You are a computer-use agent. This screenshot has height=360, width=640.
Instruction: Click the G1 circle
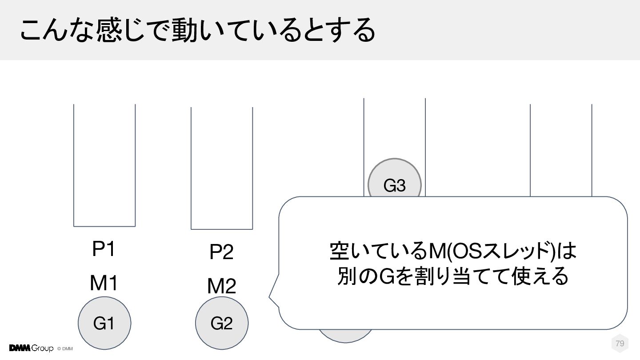(x=104, y=324)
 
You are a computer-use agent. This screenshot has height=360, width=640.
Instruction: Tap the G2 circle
(x=222, y=324)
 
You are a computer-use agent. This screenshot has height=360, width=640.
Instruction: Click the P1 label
(x=104, y=250)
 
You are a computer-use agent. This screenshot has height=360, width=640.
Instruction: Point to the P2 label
(x=222, y=253)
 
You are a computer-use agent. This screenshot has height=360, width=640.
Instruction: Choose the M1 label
(x=104, y=283)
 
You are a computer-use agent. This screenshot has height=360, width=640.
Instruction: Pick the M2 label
(x=222, y=287)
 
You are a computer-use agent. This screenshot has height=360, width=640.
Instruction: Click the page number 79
(x=620, y=344)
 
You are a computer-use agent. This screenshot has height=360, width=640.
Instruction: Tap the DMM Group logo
(x=31, y=348)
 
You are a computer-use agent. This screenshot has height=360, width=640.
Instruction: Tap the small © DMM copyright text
(x=65, y=348)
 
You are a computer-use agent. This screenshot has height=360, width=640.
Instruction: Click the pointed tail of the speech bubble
(x=270, y=296)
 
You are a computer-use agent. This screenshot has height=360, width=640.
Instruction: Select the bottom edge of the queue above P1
(x=104, y=226)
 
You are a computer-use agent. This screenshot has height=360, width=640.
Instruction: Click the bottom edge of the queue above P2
(x=222, y=229)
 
